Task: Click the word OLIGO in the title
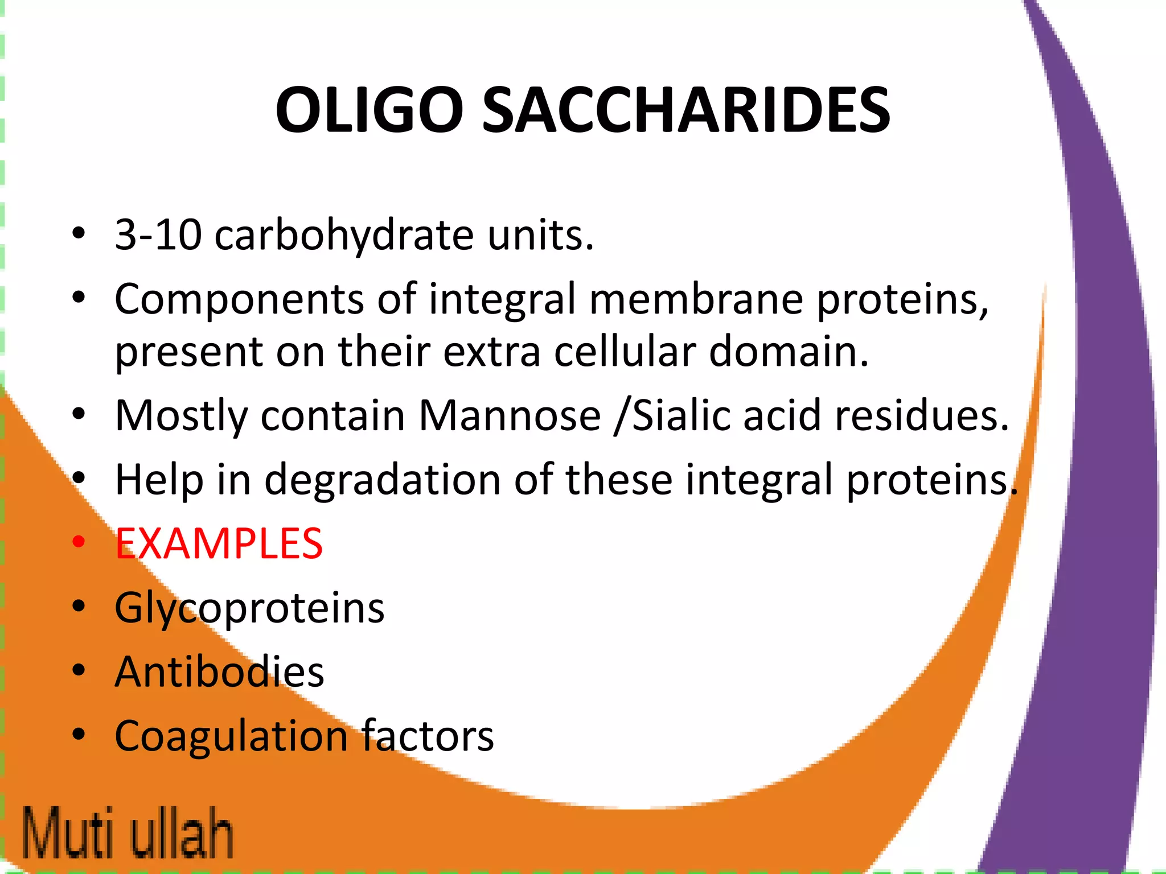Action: tap(369, 110)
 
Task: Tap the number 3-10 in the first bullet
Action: tap(158, 235)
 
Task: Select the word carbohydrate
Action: tap(344, 235)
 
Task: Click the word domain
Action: tap(789, 351)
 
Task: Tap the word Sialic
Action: tap(681, 415)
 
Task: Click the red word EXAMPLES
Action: tap(219, 544)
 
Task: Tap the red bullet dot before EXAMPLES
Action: tap(79, 542)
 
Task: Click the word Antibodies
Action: tap(219, 672)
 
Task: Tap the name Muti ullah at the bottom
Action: tap(128, 832)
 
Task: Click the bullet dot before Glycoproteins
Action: tap(79, 607)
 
